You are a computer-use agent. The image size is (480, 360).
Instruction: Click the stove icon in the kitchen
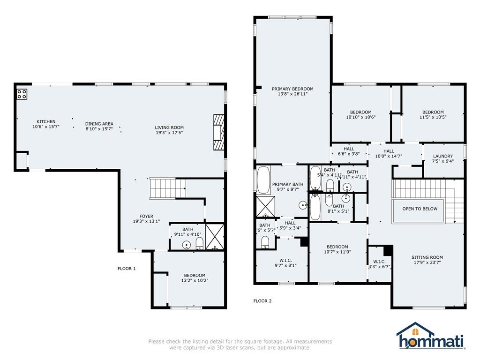point(22,94)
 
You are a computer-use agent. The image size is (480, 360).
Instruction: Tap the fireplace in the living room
point(219,132)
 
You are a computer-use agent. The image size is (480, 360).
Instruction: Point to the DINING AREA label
point(99,124)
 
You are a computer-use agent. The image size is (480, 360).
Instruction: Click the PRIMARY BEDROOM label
point(292,89)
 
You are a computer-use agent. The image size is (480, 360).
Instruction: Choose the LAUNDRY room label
point(442,156)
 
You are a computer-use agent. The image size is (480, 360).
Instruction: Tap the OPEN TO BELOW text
point(420,209)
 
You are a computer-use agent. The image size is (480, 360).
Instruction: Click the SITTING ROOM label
point(427,257)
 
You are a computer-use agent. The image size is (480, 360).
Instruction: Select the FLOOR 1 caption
point(127,269)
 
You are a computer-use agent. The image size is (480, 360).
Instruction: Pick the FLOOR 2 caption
point(262,301)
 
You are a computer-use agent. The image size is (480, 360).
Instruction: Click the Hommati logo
point(431,337)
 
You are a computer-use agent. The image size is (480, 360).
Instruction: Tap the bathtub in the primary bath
point(263,180)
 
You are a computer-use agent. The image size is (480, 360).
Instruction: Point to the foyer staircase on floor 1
point(167,188)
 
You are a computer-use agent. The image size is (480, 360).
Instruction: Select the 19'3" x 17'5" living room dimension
point(169,133)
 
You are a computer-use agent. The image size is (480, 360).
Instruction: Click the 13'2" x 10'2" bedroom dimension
point(195,280)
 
